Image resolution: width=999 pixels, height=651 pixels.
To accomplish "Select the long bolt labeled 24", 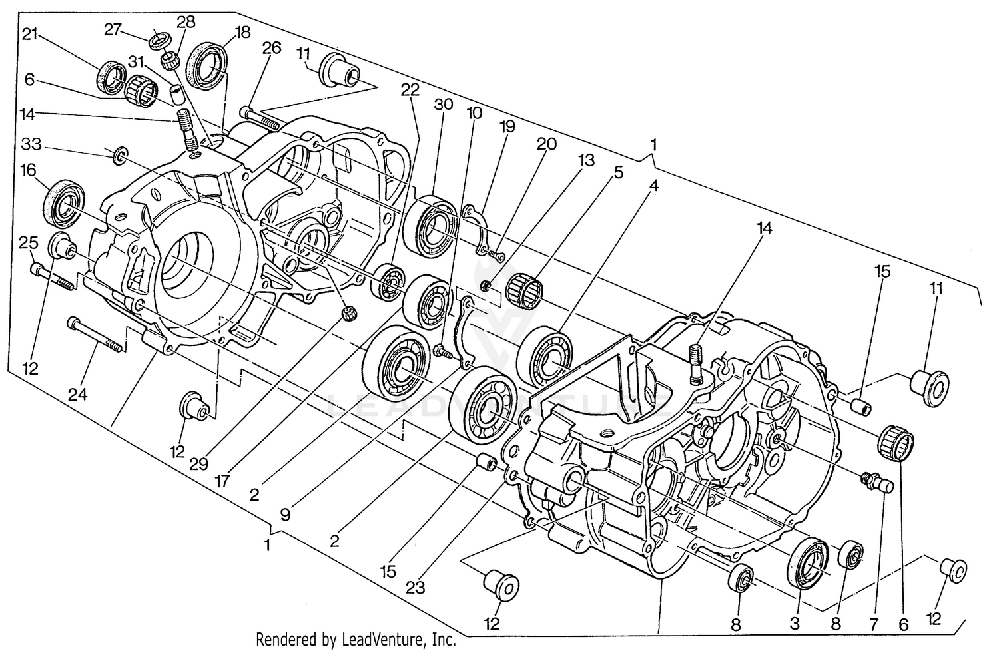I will pyautogui.click(x=97, y=335).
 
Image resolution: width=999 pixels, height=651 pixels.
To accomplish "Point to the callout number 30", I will pyautogui.click(x=443, y=105).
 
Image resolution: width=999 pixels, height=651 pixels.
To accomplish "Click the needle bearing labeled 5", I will pyautogui.click(x=523, y=289).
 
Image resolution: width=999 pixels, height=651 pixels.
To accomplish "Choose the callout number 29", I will pyautogui.click(x=198, y=464).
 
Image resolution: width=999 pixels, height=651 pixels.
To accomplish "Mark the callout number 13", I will pyautogui.click(x=585, y=161).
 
